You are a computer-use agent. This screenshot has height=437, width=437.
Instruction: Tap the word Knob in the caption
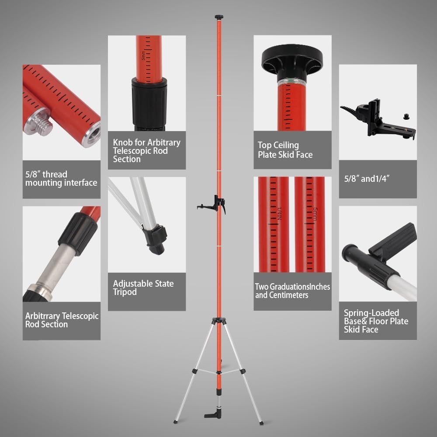123,142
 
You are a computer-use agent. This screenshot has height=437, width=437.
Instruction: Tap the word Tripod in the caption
125,292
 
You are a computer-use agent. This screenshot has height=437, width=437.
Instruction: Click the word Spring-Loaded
371,313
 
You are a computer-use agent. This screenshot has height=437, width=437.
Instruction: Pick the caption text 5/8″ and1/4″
367,178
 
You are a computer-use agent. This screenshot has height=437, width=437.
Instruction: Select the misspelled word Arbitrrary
43,316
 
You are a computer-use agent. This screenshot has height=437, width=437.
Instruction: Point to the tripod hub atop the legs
218,320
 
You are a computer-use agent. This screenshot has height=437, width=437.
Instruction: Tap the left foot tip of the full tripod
175,422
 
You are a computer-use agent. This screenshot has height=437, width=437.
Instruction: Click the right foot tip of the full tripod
261,423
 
